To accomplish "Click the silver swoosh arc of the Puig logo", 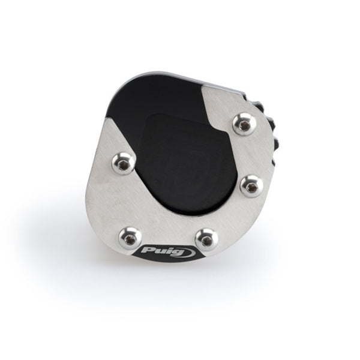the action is coord(190,252).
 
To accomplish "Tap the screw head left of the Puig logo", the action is coord(130,238).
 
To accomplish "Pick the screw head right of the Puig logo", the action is coord(206,239).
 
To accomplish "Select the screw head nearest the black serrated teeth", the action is coord(244,125).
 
